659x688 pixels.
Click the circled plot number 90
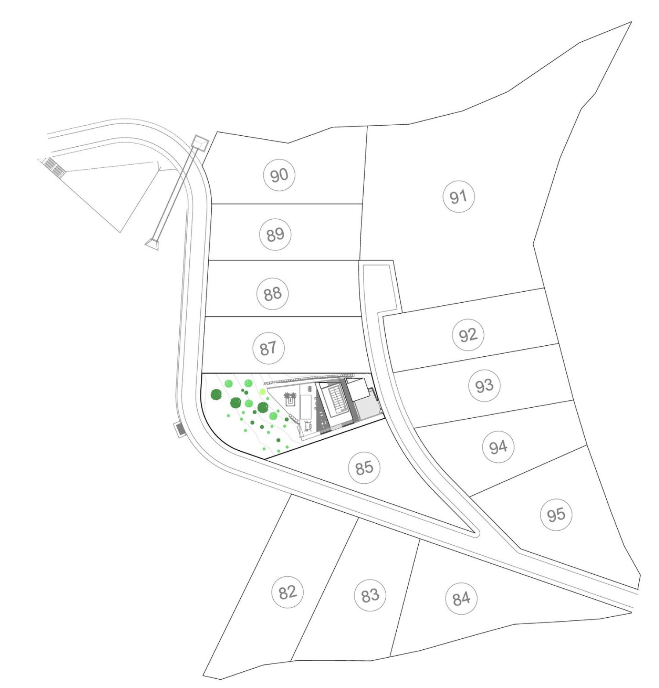279,175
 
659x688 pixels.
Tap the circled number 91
458,196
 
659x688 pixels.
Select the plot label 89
275,234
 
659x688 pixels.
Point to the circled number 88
272,293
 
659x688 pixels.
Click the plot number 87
268,348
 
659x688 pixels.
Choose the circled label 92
468,335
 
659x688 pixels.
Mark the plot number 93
485,386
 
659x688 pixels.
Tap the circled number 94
498,447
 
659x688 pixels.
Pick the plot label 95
556,514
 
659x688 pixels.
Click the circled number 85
364,467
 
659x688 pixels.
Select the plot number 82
288,592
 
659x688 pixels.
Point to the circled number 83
370,595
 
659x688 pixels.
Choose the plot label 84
461,598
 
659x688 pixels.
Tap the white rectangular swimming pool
306,406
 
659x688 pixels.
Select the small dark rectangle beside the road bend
180,429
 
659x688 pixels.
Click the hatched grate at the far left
54,167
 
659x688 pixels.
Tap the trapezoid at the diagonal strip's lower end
152,244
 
